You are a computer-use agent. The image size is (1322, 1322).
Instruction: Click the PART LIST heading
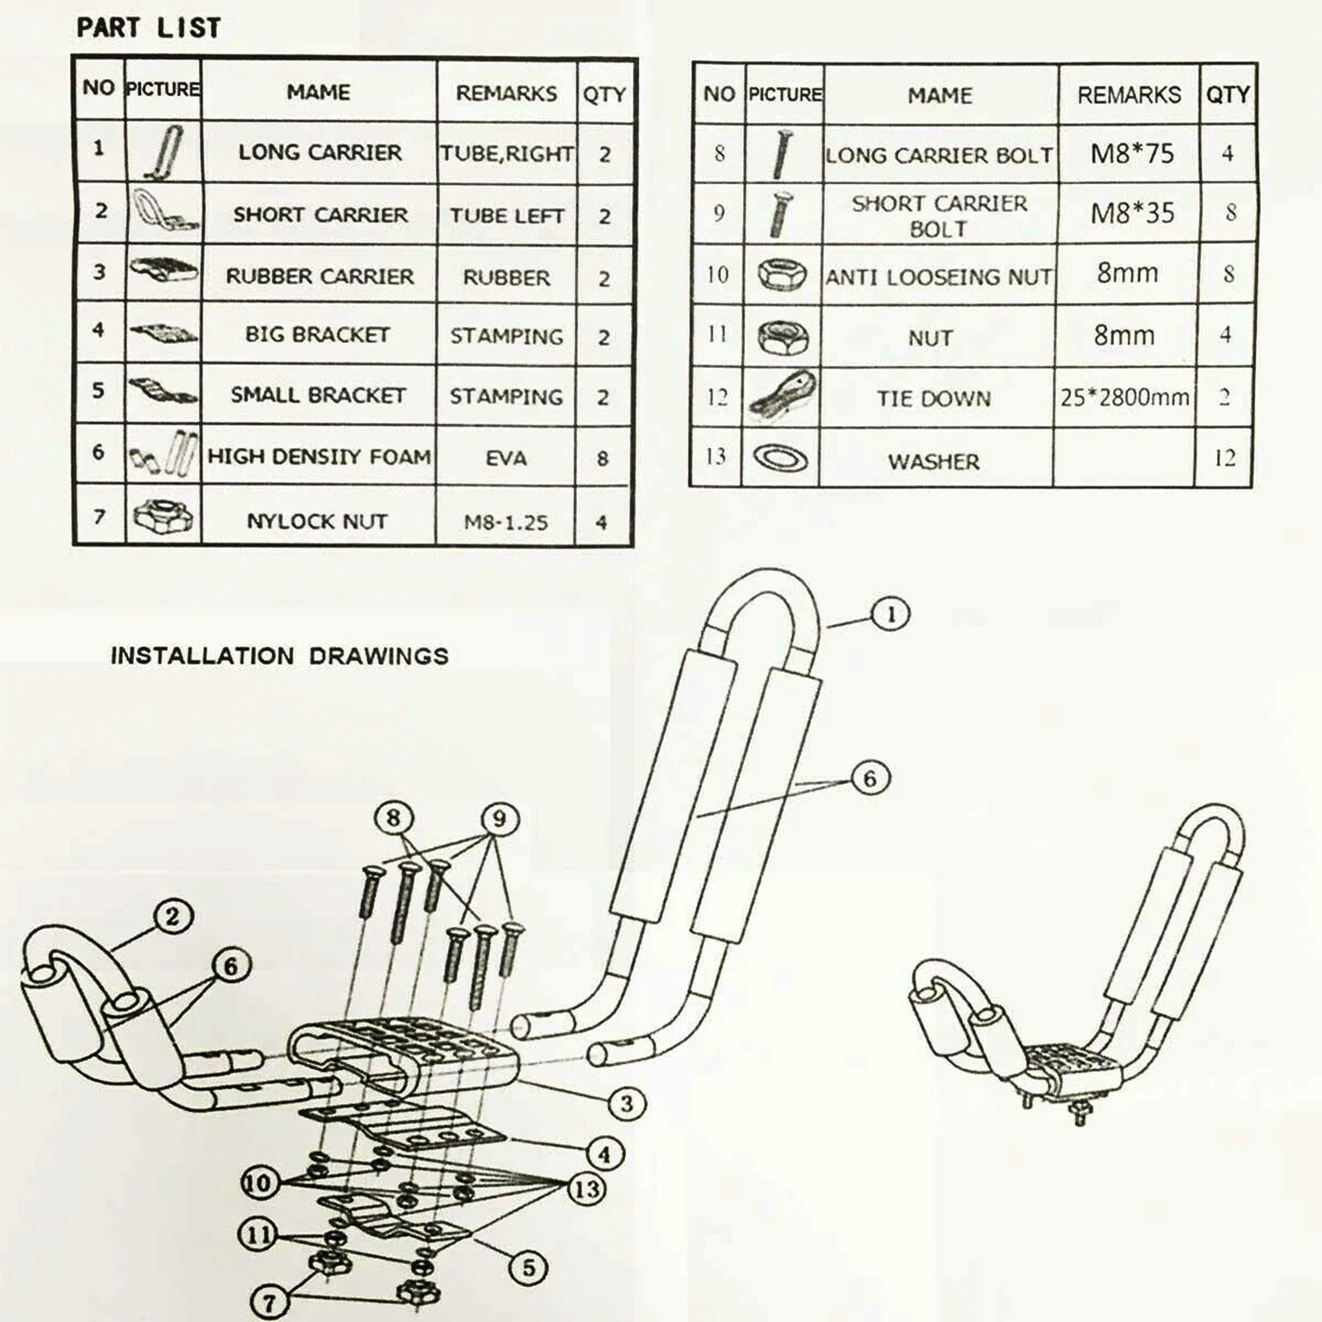pyautogui.click(x=149, y=27)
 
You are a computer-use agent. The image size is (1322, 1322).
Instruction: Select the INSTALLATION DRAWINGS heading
pyautogui.click(x=279, y=656)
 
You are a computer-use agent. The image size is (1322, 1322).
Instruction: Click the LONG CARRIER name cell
pyautogui.click(x=320, y=153)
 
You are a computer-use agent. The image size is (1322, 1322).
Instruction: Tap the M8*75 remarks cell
pyautogui.click(x=1131, y=154)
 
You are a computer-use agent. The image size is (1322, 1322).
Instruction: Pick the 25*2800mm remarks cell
pyautogui.click(x=1125, y=398)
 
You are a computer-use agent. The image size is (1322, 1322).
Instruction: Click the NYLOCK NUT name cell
pyautogui.click(x=317, y=521)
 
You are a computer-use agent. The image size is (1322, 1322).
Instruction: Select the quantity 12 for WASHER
pyautogui.click(x=1225, y=458)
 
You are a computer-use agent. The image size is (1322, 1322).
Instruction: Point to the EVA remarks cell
pyautogui.click(x=505, y=458)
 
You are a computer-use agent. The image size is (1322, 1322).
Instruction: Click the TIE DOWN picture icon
pyautogui.click(x=782, y=396)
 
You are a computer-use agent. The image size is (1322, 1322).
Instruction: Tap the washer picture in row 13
pyautogui.click(x=780, y=457)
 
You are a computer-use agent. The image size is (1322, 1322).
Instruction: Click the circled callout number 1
pyautogui.click(x=890, y=614)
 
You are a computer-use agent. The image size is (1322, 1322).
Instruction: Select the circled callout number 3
pyautogui.click(x=626, y=1103)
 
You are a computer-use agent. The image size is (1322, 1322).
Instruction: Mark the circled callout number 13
pyautogui.click(x=586, y=1190)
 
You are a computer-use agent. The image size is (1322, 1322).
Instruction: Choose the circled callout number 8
pyautogui.click(x=393, y=818)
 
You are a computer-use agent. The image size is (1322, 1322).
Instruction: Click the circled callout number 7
pyautogui.click(x=268, y=1303)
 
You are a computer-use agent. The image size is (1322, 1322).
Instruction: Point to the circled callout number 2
pyautogui.click(x=172, y=917)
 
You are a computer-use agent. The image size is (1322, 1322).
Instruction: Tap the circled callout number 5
pyautogui.click(x=528, y=1268)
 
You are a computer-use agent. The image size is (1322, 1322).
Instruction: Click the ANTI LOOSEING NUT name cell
pyautogui.click(x=939, y=277)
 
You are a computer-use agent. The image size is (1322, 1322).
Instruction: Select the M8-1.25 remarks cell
pyautogui.click(x=505, y=522)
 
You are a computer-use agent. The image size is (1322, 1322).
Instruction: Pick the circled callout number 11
pyautogui.click(x=258, y=1235)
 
